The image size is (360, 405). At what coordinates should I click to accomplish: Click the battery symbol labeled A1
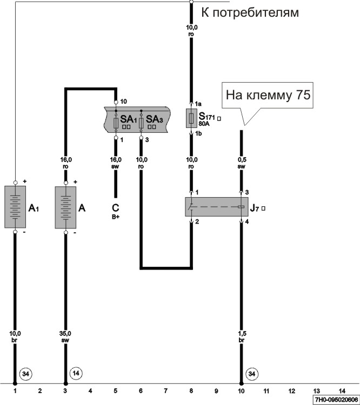click(x=15, y=207)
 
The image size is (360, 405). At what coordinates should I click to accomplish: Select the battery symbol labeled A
click(x=66, y=207)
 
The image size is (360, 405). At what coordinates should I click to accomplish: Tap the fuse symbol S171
click(x=191, y=118)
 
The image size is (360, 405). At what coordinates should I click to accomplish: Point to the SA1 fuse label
click(x=127, y=119)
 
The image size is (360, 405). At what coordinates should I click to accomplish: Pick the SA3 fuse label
click(x=154, y=119)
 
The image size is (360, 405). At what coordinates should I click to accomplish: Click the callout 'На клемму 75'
click(x=267, y=96)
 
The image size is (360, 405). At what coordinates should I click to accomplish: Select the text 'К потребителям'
click(x=250, y=11)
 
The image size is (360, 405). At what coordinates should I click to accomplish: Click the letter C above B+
click(x=115, y=207)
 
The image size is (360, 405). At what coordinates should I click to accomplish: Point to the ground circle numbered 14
click(x=76, y=373)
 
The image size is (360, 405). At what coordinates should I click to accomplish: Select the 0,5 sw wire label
click(x=242, y=164)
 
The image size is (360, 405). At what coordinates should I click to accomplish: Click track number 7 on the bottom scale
click(x=165, y=390)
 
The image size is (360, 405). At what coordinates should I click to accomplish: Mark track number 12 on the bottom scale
click(x=291, y=390)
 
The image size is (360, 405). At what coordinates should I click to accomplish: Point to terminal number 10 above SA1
click(x=123, y=102)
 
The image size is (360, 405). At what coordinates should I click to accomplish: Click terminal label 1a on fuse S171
click(x=198, y=104)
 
